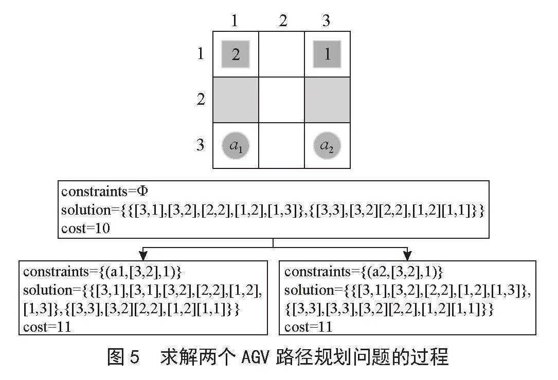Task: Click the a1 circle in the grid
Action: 235,146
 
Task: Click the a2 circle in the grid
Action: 327,146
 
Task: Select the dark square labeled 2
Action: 235,54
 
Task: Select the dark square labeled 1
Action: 327,54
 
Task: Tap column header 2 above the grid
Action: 283,21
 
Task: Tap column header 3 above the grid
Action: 326,21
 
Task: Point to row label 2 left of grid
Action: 201,99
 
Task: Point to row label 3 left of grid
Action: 201,145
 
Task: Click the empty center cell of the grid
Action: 281,100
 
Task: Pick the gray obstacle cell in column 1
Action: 236,100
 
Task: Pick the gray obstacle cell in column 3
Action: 328,100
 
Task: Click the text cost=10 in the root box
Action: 85,228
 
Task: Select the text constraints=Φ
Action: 104,192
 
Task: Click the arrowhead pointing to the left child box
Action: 143,256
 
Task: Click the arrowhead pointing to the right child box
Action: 407,256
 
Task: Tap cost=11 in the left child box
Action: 47,327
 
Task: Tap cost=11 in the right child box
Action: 308,327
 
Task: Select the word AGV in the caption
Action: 255,357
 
